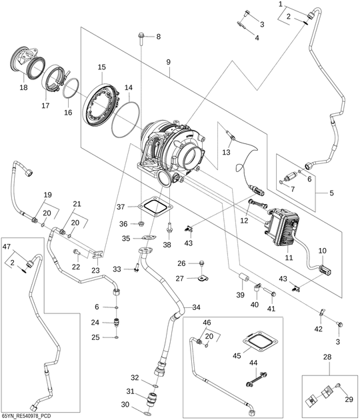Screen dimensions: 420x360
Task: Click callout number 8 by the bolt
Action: coord(158,36)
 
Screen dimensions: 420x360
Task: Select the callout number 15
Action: coord(102,67)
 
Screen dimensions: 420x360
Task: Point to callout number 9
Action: coord(169,62)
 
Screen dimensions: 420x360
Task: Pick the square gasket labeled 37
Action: coord(154,206)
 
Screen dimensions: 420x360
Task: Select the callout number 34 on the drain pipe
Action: coord(196,307)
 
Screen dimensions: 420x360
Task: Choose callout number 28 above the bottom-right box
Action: coord(327,357)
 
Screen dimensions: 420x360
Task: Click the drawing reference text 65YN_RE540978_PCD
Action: coord(26,416)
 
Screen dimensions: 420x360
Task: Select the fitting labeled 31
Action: coord(153,398)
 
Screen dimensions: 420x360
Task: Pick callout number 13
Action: coord(225,152)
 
